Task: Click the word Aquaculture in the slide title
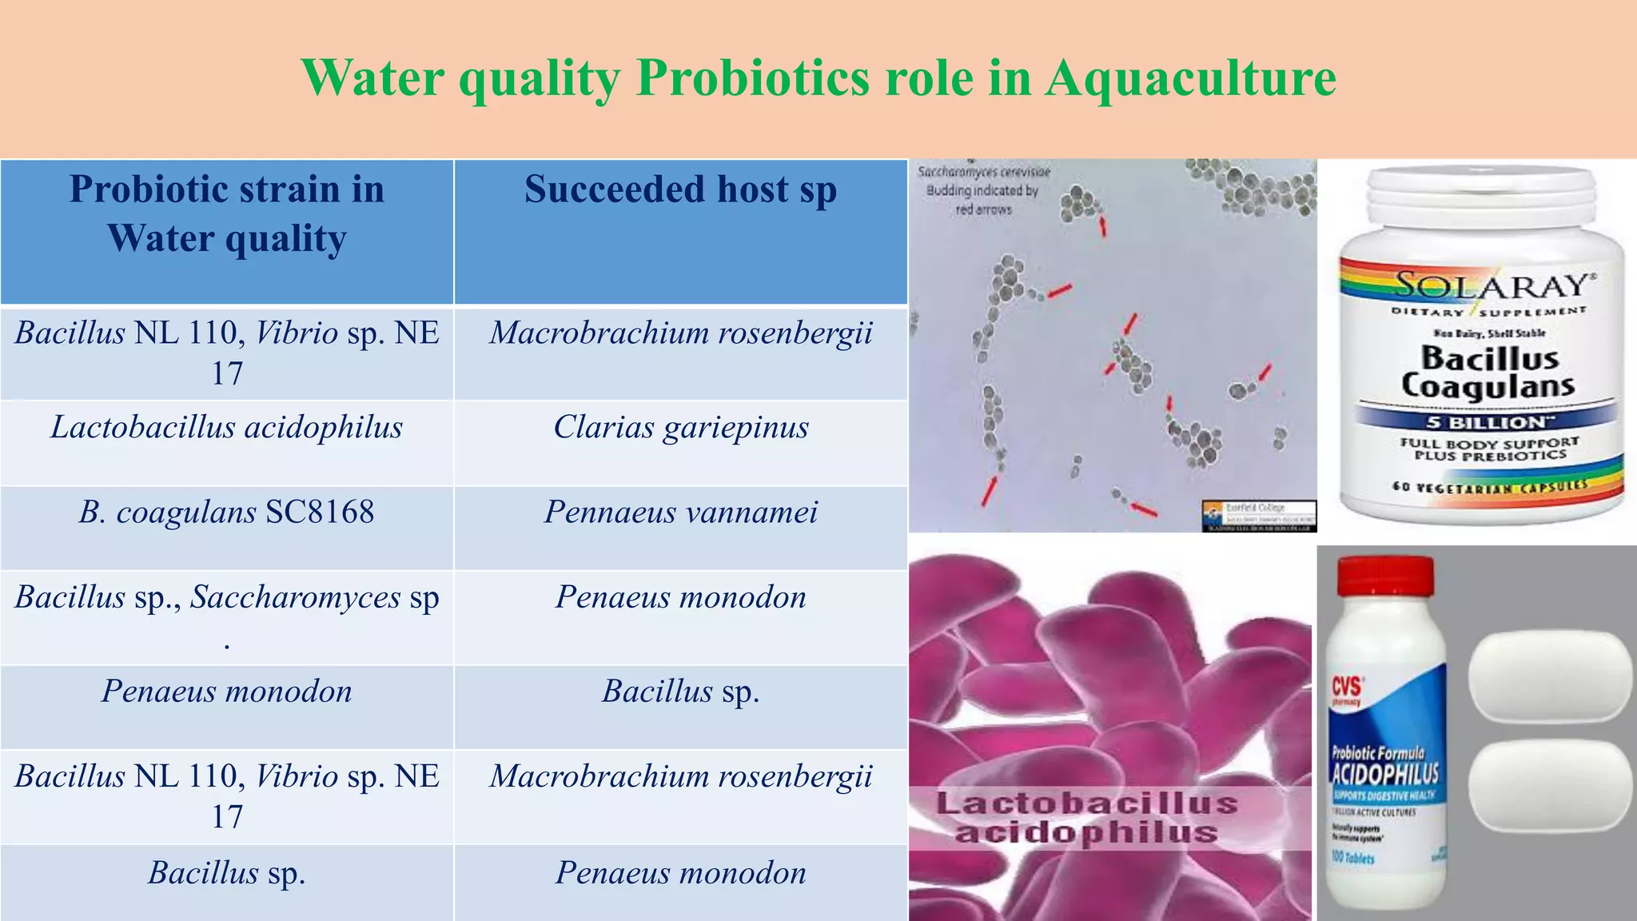(x=1190, y=78)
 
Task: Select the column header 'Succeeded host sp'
(x=680, y=190)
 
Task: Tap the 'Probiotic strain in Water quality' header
(x=227, y=213)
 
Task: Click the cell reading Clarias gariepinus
(x=680, y=427)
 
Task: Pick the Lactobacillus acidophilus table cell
(x=227, y=427)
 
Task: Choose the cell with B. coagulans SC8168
(x=227, y=512)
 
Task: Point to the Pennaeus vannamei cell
(x=680, y=512)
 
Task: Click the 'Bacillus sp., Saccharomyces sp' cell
(x=227, y=598)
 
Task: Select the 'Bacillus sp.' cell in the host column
(x=680, y=692)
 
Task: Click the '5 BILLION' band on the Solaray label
(x=1487, y=422)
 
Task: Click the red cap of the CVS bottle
(x=1385, y=586)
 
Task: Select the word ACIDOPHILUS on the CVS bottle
(x=1385, y=774)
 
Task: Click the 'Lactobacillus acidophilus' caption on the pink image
(x=1087, y=817)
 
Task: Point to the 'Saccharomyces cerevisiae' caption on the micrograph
(x=984, y=172)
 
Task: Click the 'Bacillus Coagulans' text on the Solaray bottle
(x=1488, y=372)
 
